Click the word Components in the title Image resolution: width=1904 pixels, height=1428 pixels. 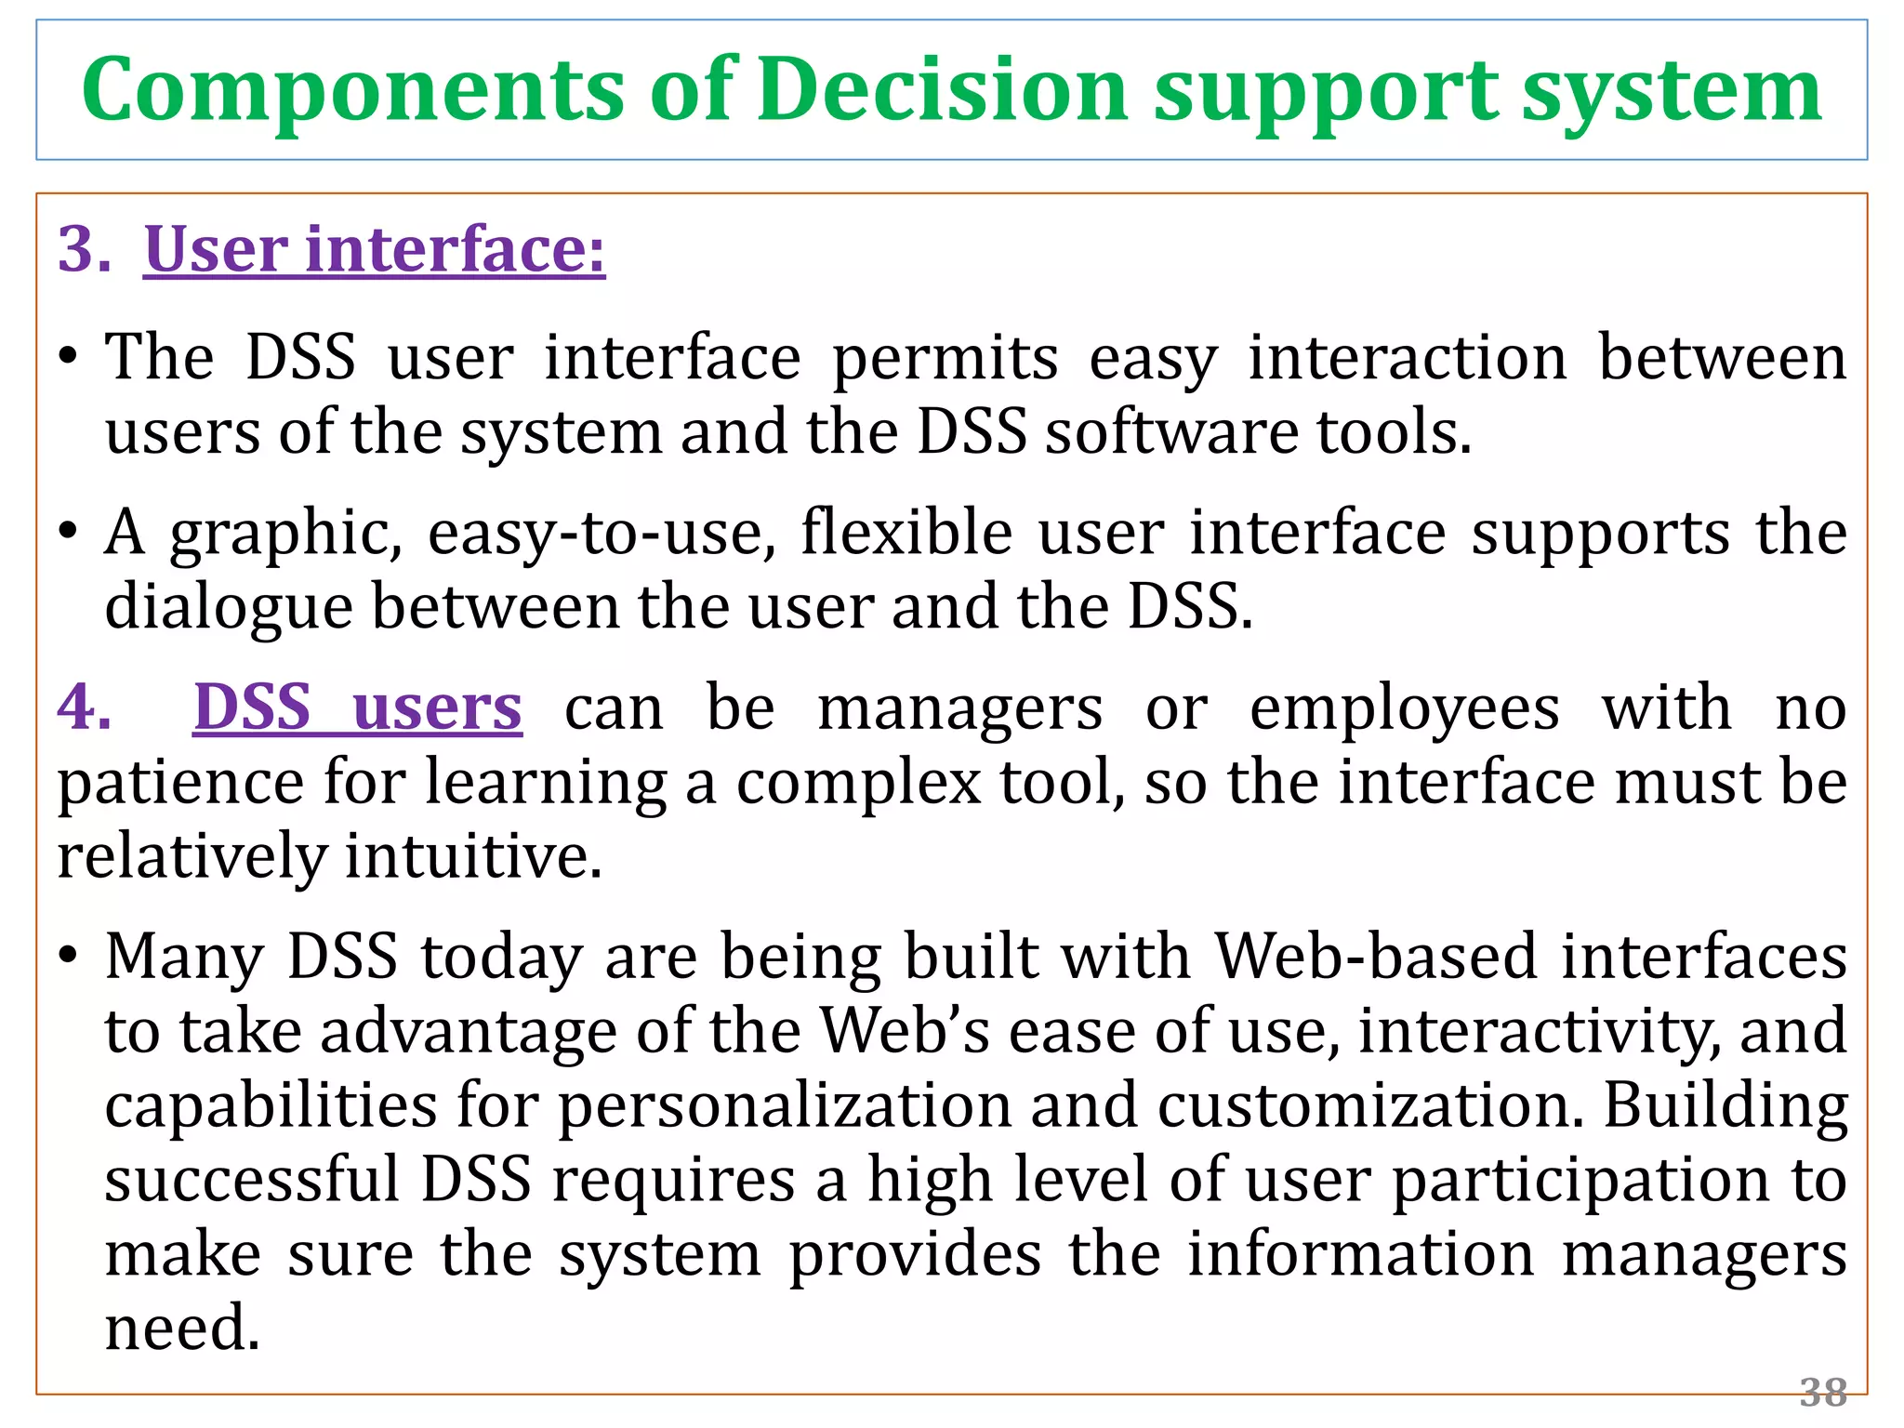click(352, 90)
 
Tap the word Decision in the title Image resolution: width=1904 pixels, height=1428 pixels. click(942, 90)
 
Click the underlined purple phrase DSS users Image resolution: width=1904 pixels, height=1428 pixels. click(358, 707)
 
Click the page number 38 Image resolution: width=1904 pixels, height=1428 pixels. click(1822, 1393)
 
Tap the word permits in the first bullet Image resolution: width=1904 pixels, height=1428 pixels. click(945, 359)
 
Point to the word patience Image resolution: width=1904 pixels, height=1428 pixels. click(180, 783)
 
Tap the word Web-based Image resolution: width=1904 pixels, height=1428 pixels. click(1376, 957)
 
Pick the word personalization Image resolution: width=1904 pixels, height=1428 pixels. click(784, 1105)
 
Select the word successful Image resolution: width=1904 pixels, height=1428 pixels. click(252, 1180)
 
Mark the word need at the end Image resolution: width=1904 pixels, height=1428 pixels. click(182, 1328)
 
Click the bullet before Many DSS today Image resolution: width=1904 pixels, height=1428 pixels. click(67, 957)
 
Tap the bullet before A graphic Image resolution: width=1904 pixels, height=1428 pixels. click(67, 534)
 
